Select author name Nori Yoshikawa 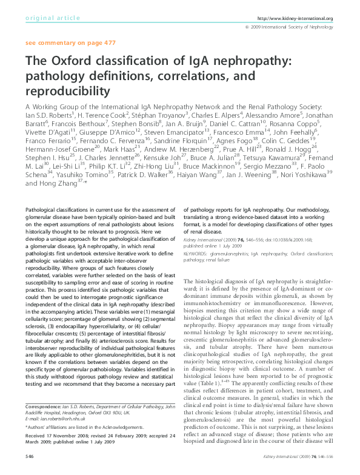pos(301,172)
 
